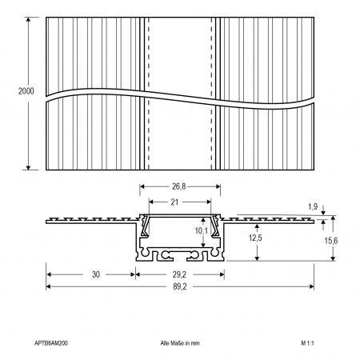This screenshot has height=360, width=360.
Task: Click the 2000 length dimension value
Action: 26,91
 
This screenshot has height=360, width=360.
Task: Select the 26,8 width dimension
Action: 178,186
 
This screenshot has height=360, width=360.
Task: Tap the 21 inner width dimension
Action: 174,202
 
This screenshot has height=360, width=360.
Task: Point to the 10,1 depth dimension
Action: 201,230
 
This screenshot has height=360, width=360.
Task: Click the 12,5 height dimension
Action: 255,238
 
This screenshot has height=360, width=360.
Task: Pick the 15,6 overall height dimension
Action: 331,241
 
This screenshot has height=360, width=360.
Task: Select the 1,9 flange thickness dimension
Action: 313,206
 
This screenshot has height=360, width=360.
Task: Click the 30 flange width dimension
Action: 96,274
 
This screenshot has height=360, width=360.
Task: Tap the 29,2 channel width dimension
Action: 179,274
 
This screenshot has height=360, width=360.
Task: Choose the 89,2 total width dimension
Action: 180,286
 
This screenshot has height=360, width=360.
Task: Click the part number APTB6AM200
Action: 51,343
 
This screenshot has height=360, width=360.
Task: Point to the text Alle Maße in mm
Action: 180,343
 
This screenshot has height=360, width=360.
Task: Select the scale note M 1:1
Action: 307,343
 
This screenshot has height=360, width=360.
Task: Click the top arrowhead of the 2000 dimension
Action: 28,19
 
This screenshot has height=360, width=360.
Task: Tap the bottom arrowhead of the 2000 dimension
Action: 28,168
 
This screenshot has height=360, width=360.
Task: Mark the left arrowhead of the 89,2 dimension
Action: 48,286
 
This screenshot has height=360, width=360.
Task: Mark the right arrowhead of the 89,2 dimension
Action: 311,286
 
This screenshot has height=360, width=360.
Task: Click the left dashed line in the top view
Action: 149,94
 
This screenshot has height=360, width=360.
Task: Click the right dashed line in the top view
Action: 211,94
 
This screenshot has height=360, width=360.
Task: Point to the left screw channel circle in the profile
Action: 145,252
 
